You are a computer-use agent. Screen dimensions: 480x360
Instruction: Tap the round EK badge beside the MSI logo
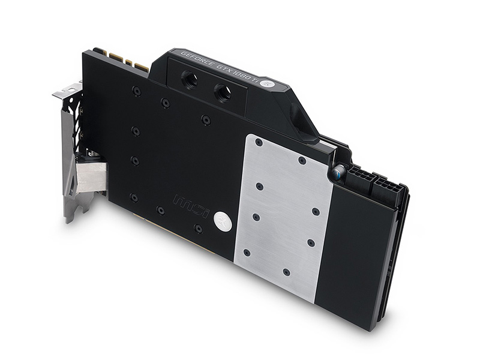[223, 220]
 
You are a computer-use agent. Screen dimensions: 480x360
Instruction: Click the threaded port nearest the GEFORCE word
[190, 78]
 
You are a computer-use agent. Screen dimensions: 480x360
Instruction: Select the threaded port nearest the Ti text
[223, 92]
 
